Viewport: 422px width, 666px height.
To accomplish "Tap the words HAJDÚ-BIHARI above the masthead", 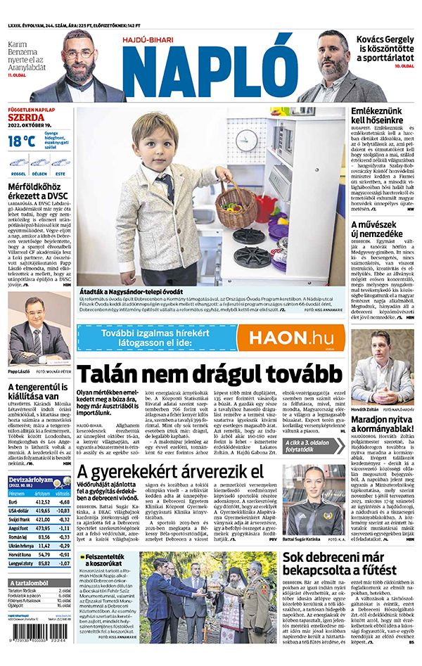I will click(x=148, y=41).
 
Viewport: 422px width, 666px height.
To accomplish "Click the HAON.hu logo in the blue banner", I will click(x=290, y=338).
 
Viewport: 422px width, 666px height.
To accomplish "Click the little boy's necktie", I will click(x=165, y=185).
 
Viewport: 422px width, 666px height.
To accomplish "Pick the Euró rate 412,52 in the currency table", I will click(x=43, y=521).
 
